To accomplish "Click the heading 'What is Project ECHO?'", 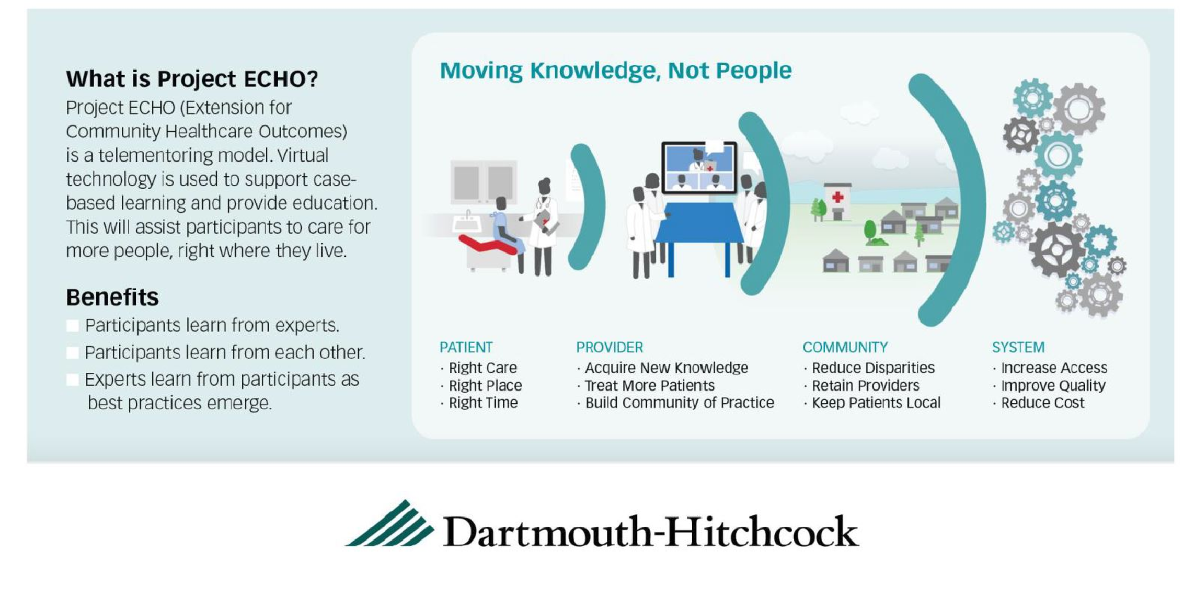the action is coord(192,79).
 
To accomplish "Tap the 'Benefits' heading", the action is coord(112,297).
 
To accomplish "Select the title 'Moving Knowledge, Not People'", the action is coord(615,71).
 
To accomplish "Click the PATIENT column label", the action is coord(466,347).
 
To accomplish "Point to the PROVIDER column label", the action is coord(610,347).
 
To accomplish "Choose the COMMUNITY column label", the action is coord(845,347).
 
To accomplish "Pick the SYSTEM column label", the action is coord(1018,347).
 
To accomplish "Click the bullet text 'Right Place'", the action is coord(485,385).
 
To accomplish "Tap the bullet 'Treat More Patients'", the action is coord(649,385).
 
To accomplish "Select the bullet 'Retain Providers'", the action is coord(865,385).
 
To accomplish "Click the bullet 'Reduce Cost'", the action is coord(1042,403).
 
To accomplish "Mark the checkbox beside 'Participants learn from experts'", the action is coord(73,326).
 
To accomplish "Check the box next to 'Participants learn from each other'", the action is coord(73,353).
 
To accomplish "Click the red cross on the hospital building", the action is coord(837,197).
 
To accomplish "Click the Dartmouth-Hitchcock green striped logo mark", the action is coord(390,523).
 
